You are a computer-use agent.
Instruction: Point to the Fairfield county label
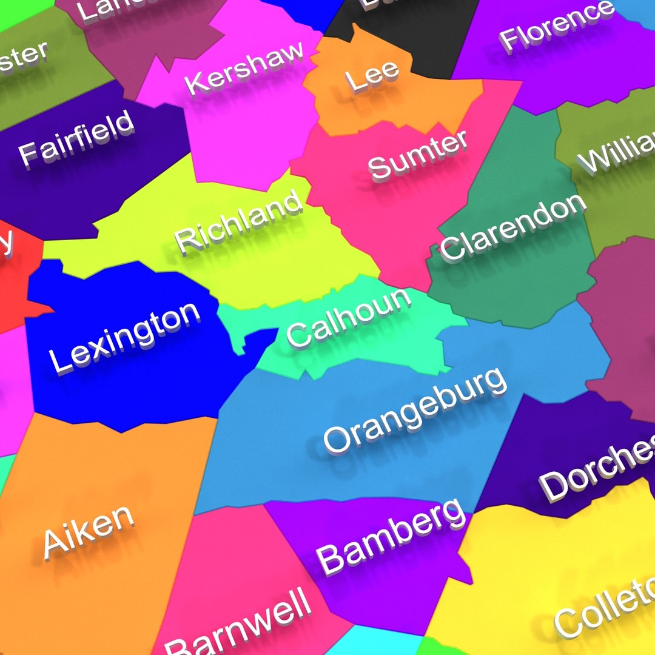click(x=76, y=137)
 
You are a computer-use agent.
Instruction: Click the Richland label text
click(x=239, y=220)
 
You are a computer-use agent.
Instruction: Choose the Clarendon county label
click(x=513, y=227)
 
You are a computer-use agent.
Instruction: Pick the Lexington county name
click(x=124, y=337)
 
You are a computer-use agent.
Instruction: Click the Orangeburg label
click(x=415, y=410)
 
